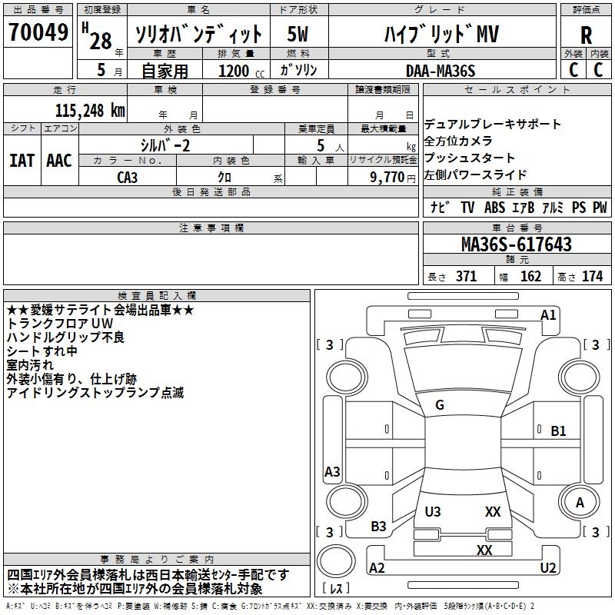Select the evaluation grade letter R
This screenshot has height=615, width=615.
point(586,35)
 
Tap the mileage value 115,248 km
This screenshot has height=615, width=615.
point(89,110)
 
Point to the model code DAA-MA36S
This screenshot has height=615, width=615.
point(440,70)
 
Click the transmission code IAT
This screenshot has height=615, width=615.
point(22,160)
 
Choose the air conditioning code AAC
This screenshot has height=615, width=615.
point(58,160)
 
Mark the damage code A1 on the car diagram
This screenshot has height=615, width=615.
point(548,314)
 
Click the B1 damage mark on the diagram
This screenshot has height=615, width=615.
point(559,431)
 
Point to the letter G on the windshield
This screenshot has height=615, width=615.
point(440,405)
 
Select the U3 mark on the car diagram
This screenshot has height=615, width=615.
point(433,512)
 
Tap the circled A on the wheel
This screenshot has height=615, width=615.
point(580,503)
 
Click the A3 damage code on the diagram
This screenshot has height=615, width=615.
point(332,472)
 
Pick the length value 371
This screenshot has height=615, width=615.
point(465,276)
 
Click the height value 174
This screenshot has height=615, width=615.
point(592,276)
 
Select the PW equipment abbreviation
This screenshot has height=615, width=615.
point(600,208)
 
